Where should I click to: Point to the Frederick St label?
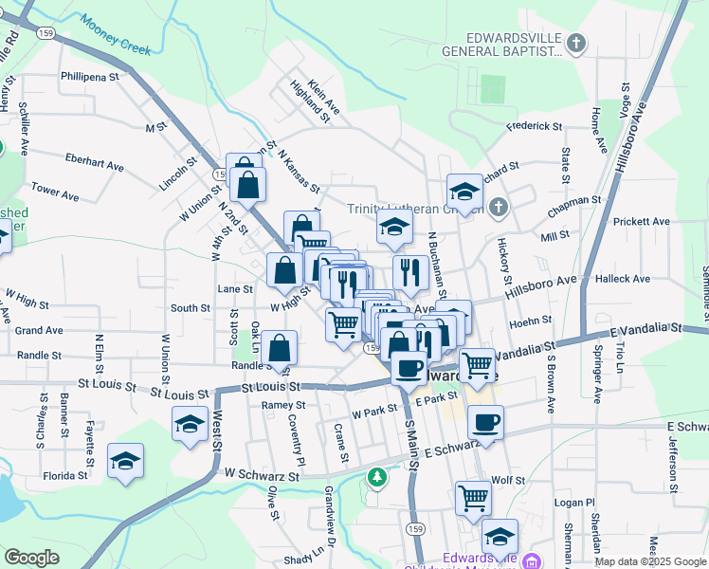[534, 125]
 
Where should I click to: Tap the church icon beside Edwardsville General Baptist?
[577, 43]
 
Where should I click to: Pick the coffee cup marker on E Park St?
[485, 423]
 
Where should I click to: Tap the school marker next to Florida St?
[125, 462]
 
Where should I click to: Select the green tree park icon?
[378, 476]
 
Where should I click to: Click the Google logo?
[31, 558]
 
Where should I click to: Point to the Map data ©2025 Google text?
[650, 561]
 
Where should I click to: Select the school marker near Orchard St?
[465, 192]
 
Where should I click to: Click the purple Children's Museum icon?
[532, 560]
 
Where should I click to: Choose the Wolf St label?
[508, 481]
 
